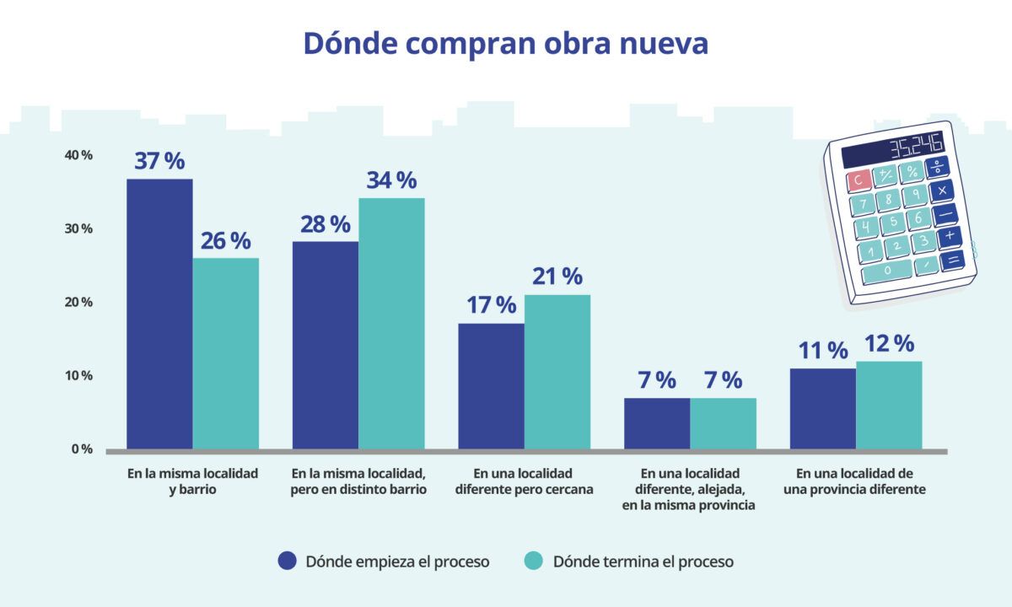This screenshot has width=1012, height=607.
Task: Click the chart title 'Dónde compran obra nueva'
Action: tap(506, 43)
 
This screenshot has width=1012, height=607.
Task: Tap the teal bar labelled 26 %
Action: tap(225, 353)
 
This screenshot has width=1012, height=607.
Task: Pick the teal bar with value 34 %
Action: tap(391, 324)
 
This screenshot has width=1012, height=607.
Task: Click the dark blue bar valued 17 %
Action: tap(491, 386)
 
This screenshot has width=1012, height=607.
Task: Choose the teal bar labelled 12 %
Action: tap(889, 406)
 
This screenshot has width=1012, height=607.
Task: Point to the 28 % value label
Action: tap(326, 224)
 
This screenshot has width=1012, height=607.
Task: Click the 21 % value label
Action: tap(557, 277)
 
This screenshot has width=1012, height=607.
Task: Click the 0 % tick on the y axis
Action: tap(82, 449)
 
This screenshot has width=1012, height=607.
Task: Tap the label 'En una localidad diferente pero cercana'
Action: tap(524, 481)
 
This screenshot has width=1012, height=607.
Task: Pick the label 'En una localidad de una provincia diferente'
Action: tap(855, 481)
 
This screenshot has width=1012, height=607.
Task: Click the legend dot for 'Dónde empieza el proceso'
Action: tap(288, 561)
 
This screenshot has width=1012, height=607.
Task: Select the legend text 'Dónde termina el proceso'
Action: tap(643, 561)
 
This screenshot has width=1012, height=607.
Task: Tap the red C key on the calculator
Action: tap(859, 180)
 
